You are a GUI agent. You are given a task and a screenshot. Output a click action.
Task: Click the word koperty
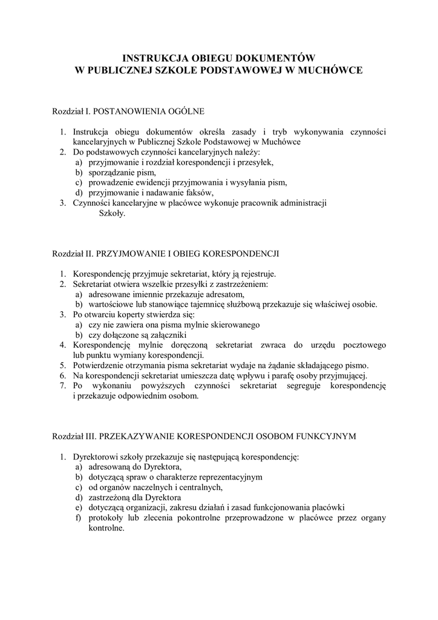coord(137,314)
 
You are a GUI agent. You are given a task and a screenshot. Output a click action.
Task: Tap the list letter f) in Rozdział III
coord(79,518)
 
